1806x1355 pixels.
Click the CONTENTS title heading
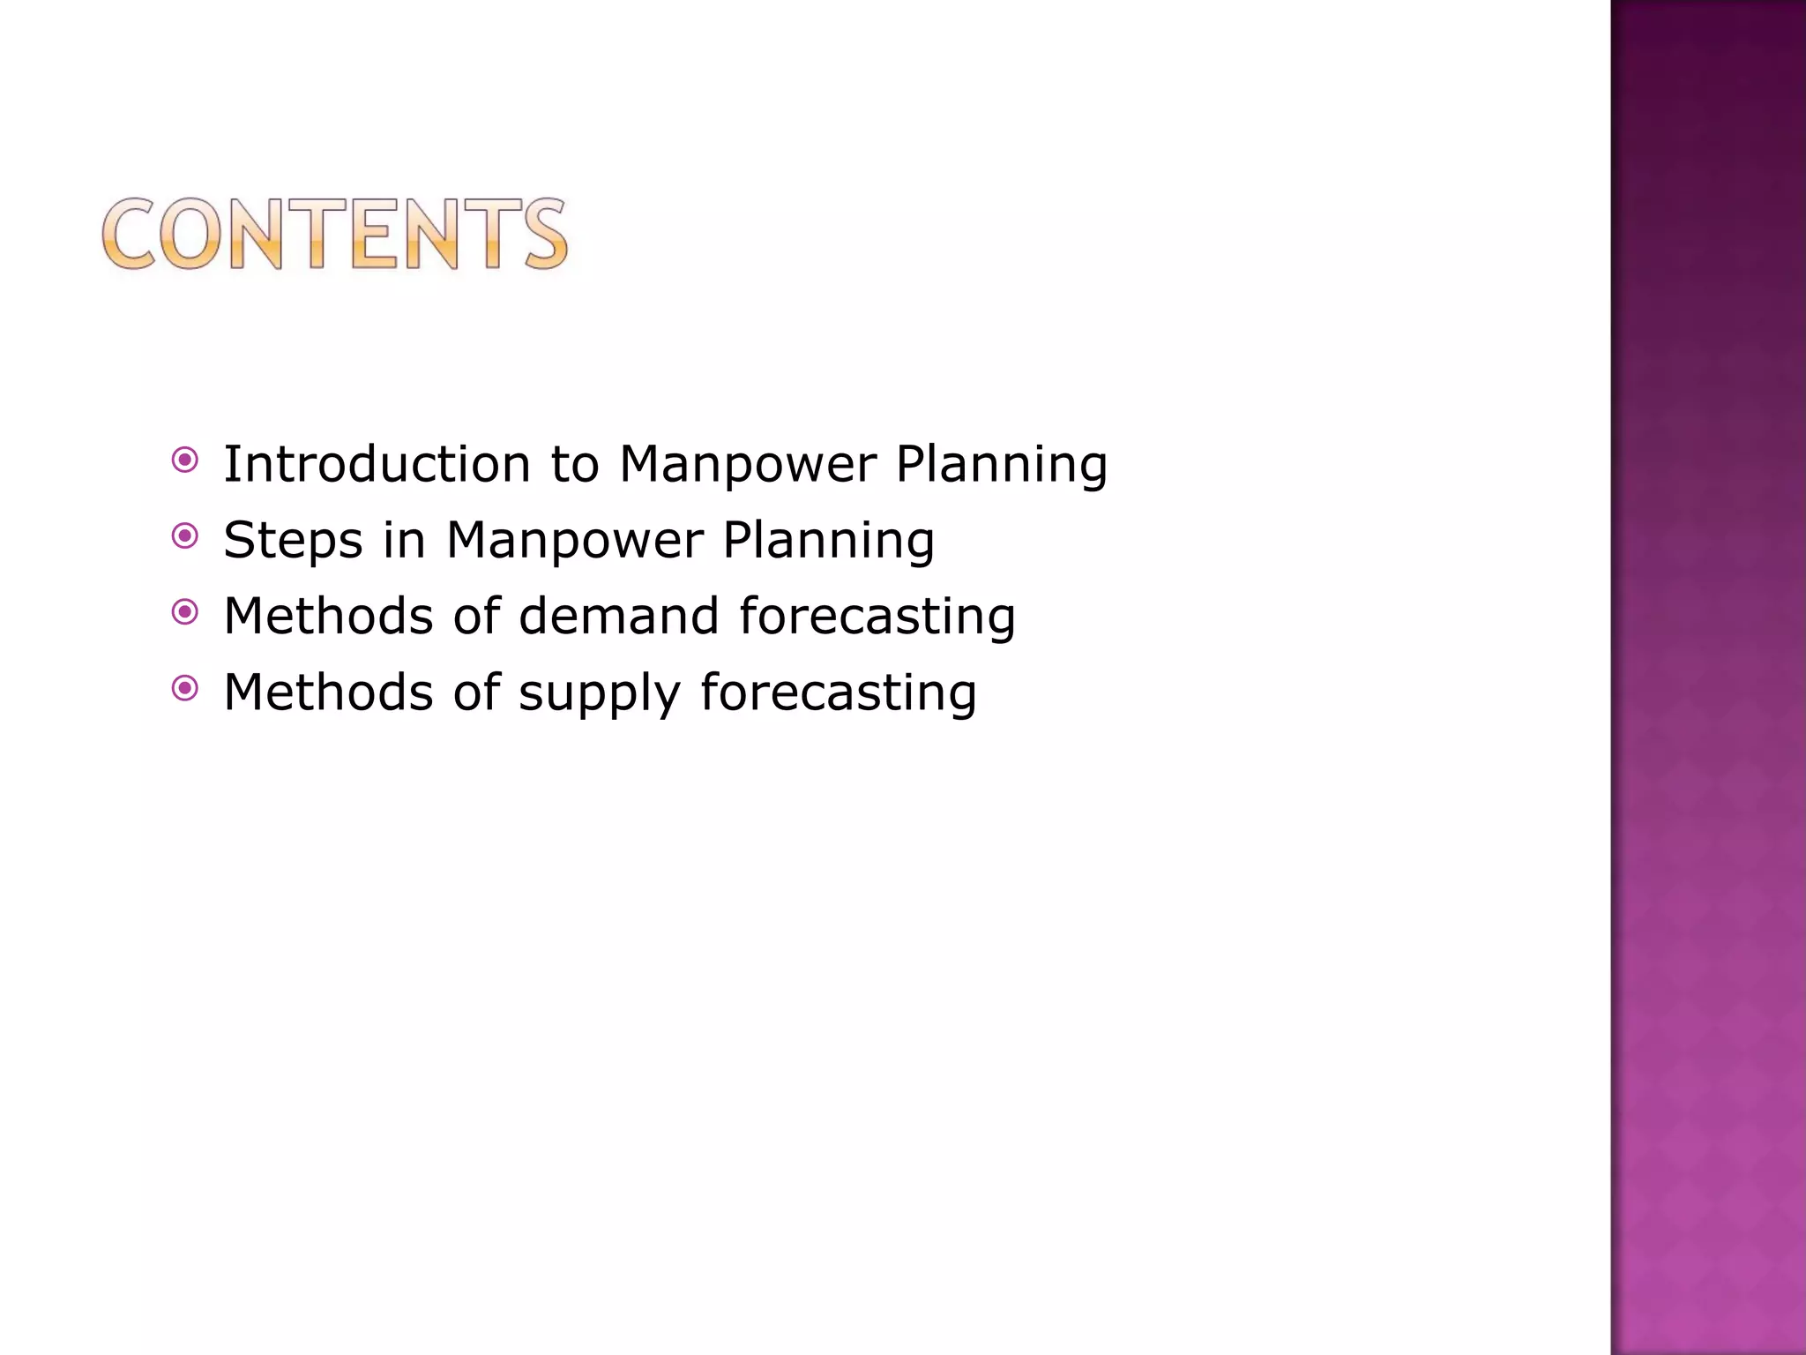click(335, 234)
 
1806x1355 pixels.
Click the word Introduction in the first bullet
click(377, 464)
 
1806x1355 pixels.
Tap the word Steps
click(293, 541)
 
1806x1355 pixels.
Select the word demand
click(619, 616)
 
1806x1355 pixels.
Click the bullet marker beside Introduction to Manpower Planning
click(185, 460)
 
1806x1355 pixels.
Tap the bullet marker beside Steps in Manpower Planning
click(185, 535)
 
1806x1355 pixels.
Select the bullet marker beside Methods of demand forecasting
click(185, 611)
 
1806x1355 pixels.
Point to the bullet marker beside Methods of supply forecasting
click(185, 688)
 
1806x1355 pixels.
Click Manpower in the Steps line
click(575, 541)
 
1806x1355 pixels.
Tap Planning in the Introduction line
click(1002, 465)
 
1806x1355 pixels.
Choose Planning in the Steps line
click(829, 541)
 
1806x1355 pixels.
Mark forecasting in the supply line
click(839, 692)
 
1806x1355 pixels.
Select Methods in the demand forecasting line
click(328, 616)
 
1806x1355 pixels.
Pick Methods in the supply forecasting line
click(328, 692)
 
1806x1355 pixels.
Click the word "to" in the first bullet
click(574, 465)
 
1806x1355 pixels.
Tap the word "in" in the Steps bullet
click(404, 541)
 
